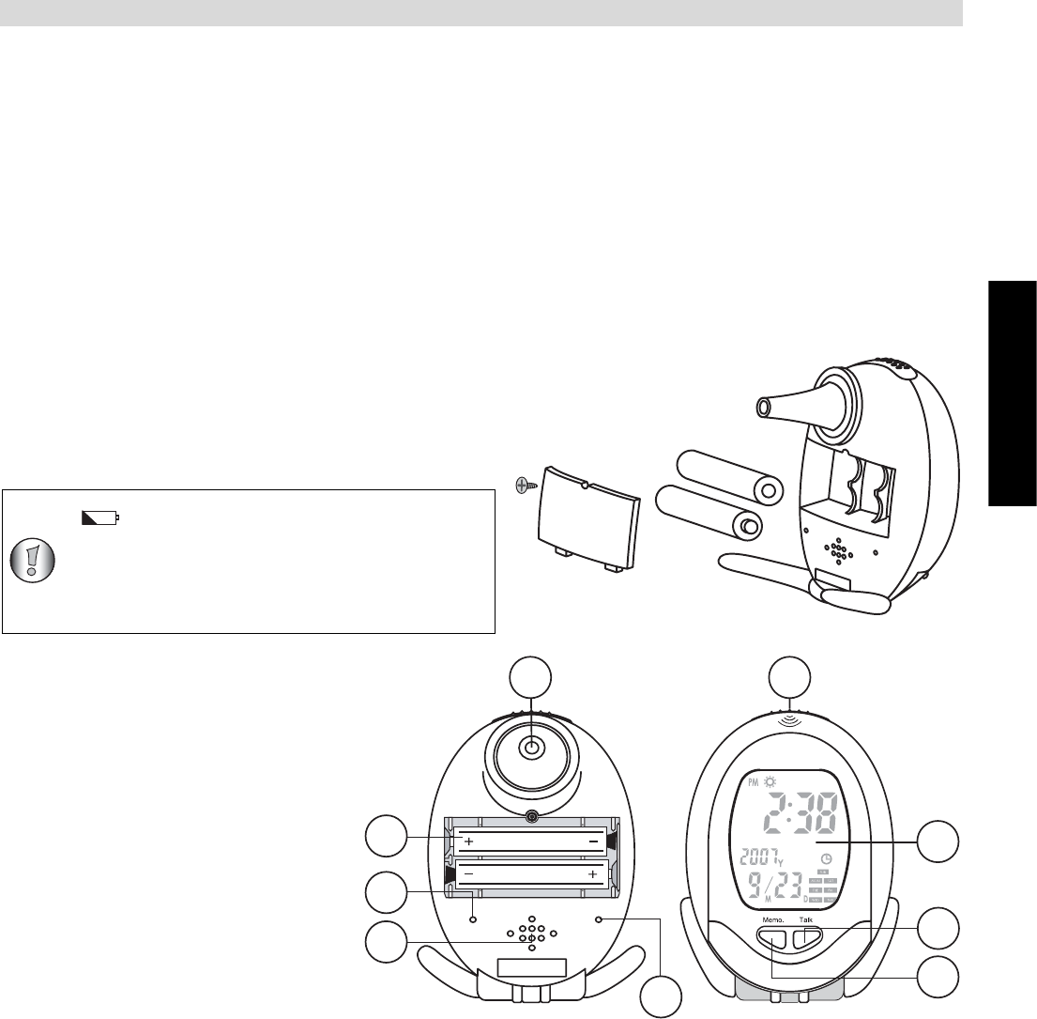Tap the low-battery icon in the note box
(x=99, y=517)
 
